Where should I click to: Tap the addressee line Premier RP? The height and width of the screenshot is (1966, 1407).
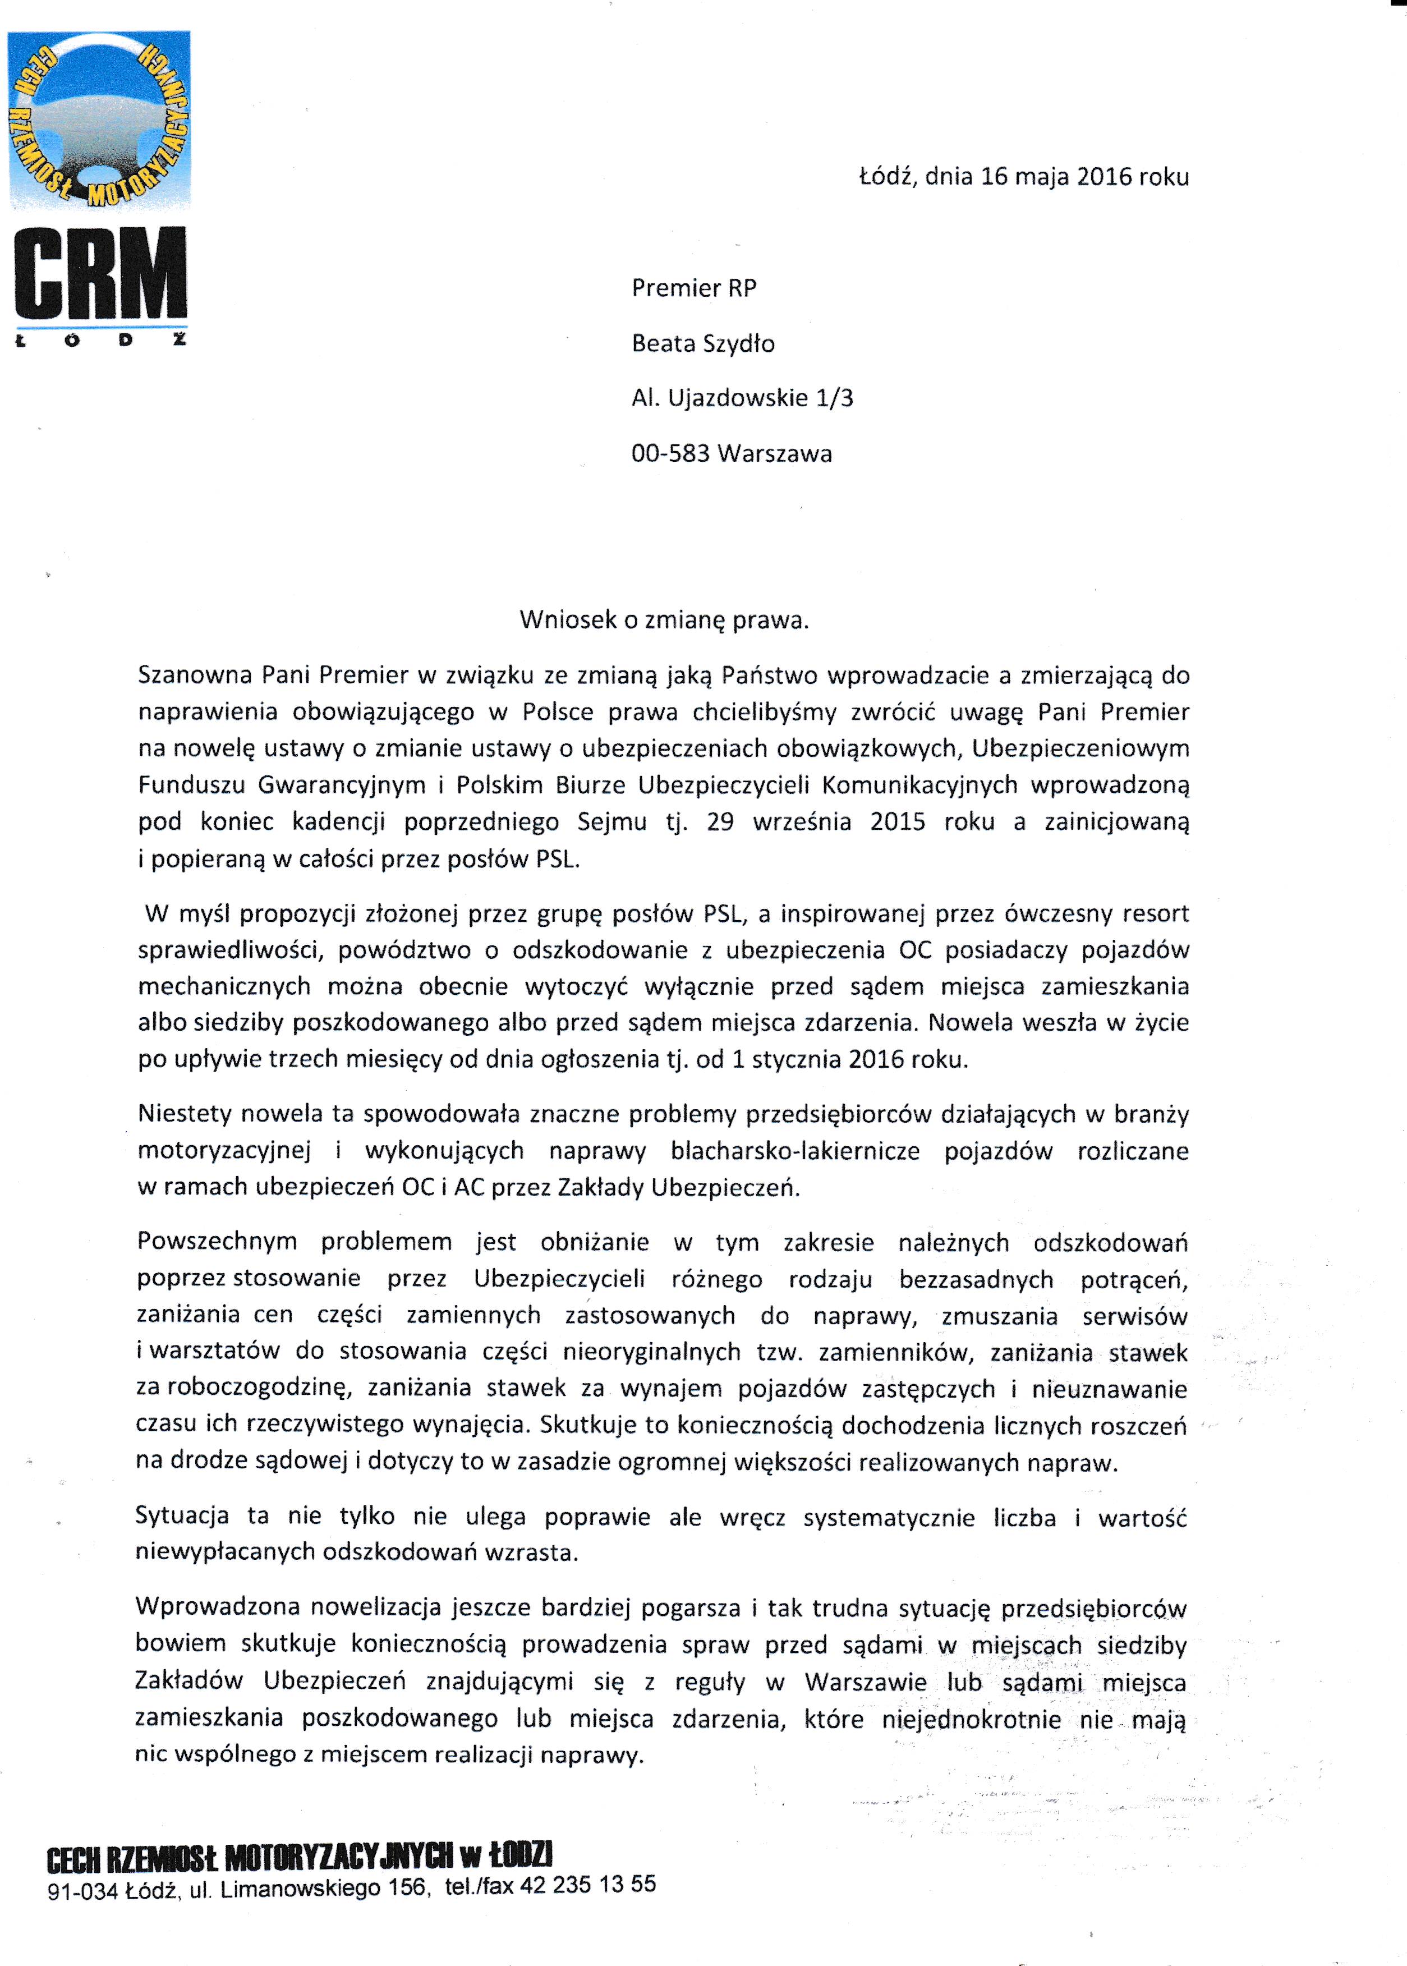click(694, 288)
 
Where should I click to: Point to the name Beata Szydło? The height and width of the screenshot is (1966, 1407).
click(702, 344)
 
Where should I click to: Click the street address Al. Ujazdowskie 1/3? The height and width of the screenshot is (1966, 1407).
click(742, 398)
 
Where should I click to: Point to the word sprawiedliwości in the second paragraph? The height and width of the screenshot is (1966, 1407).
click(231, 950)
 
